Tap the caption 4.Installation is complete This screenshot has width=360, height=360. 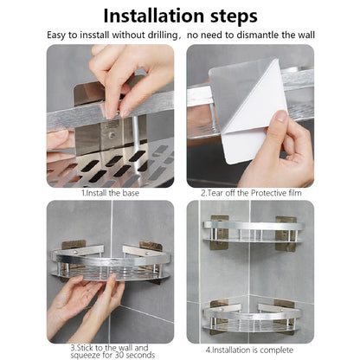249,350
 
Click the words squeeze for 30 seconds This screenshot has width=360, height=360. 110,356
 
